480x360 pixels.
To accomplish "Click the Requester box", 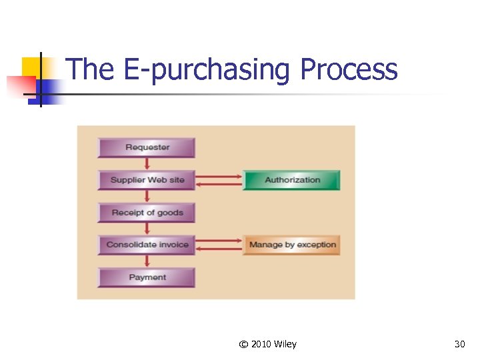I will (x=147, y=147).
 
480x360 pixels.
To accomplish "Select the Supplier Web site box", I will (x=147, y=180).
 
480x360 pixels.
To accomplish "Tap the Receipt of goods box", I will (x=147, y=213).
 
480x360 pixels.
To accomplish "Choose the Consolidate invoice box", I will (x=147, y=245).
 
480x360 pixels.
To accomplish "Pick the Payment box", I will (x=147, y=277).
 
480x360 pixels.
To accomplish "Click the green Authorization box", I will (x=292, y=180).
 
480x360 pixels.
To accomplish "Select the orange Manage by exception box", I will (x=292, y=245).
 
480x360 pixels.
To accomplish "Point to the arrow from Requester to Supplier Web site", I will (x=147, y=164).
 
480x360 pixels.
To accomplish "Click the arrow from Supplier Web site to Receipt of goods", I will (x=147, y=197).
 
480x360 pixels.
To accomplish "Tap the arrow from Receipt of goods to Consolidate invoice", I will (x=147, y=229).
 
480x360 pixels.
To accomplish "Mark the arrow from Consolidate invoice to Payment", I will (x=147, y=261).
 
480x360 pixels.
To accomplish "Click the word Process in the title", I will (x=349, y=69).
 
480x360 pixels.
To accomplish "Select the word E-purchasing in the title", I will (x=209, y=71).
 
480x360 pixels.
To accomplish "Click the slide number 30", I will (x=459, y=344).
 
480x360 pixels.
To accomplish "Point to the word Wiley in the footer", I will (x=285, y=344).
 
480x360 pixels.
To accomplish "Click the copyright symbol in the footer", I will (x=243, y=344).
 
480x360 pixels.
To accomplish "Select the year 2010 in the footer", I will (x=261, y=344).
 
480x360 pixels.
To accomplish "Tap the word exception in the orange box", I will (x=317, y=245).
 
